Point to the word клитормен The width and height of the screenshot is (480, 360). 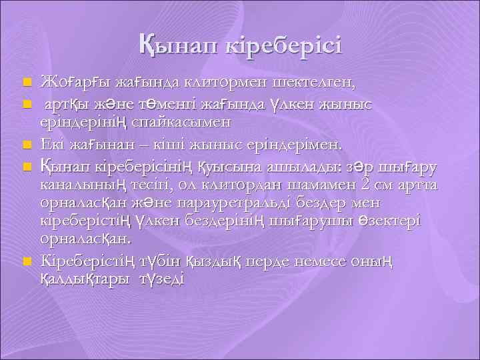pos(219,82)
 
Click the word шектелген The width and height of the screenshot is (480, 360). pos(313,82)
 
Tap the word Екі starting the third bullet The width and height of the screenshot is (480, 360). pos(55,143)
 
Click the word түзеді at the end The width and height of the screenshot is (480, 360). pos(160,280)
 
